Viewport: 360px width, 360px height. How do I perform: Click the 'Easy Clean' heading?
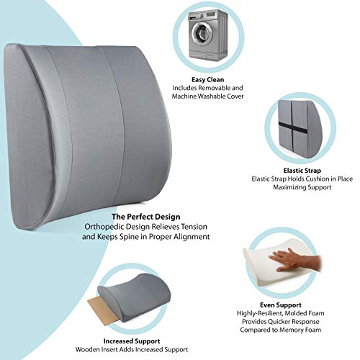point(208,80)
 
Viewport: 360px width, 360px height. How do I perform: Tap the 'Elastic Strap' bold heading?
point(302,171)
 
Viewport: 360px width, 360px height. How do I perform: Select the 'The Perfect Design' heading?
point(146,217)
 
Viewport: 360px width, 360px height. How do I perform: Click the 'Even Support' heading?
point(281,305)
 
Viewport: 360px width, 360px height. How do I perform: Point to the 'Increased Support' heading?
point(132,341)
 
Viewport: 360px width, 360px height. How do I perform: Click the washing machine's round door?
point(202,33)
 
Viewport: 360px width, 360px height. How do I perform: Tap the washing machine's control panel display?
point(211,14)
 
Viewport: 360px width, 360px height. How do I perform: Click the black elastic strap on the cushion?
point(293,128)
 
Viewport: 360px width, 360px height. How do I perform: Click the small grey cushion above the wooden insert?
point(135,297)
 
